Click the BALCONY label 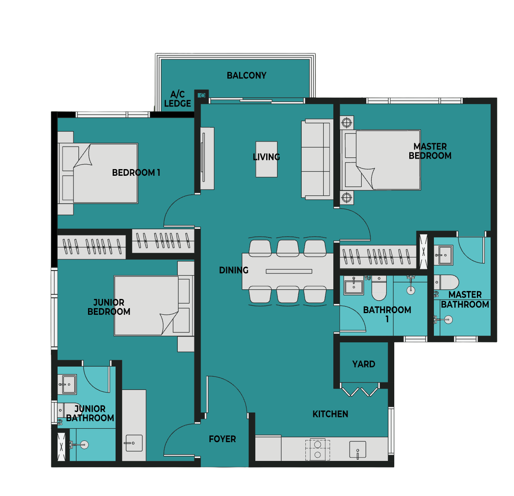click(247, 76)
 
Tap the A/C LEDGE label click(177, 99)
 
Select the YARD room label click(363, 364)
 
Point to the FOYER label click(222, 439)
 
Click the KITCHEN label click(330, 414)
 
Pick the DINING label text click(234, 270)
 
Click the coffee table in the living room click(266, 159)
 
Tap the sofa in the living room click(317, 159)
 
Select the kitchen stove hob click(317, 450)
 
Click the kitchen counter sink click(358, 449)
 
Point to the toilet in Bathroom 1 click(379, 288)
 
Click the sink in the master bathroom click(443, 255)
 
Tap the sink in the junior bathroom click(67, 384)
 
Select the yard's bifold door click(360, 389)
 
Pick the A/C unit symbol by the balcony click(202, 96)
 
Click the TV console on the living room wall click(207, 158)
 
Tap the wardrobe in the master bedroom click(378, 257)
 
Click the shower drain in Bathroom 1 click(411, 290)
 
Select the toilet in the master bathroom click(446, 282)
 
